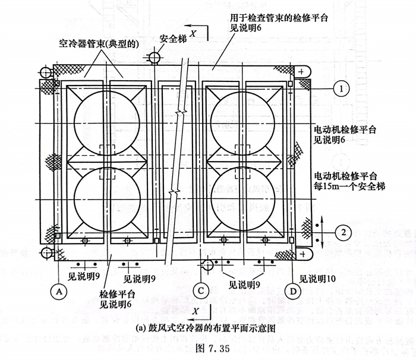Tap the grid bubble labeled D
[293, 290]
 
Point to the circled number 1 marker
[341, 89]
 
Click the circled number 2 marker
[341, 230]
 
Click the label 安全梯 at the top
[172, 39]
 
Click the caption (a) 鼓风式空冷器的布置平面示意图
[199, 327]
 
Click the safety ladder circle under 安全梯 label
[155, 58]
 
